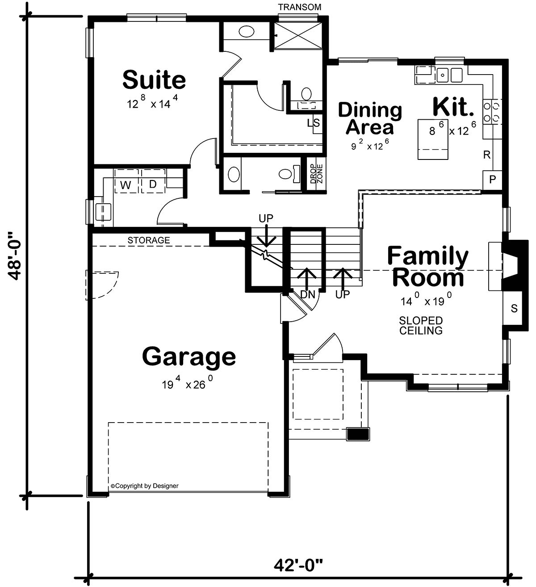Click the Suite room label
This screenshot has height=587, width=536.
click(154, 80)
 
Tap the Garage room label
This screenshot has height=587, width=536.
click(188, 357)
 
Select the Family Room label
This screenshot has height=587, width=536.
click(428, 266)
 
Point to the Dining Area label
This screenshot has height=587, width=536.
click(370, 118)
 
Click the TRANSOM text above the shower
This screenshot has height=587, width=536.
click(299, 7)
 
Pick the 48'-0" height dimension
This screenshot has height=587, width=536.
click(14, 256)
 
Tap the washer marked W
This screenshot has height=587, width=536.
click(126, 181)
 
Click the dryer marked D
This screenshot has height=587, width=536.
click(153, 181)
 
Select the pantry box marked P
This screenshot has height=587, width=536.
click(492, 180)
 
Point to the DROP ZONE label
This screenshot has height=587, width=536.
click(317, 174)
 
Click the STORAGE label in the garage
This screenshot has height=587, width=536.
click(149, 240)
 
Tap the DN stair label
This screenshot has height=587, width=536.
click(308, 294)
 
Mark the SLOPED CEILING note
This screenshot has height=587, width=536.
click(421, 325)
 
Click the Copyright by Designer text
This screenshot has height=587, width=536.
click(145, 486)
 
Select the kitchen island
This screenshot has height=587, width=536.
click(433, 139)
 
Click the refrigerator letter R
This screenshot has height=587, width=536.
click(487, 155)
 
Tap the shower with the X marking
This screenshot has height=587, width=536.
click(298, 35)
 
